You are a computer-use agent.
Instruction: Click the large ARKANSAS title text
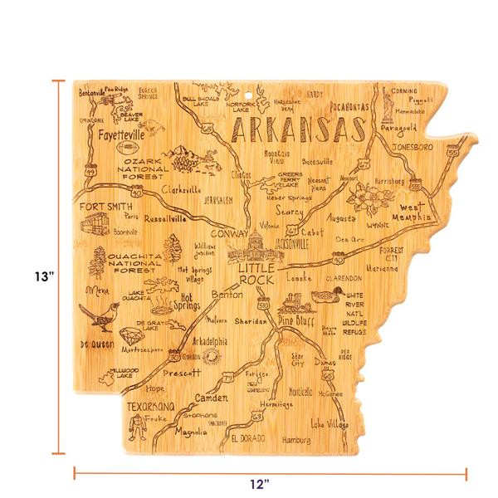296,130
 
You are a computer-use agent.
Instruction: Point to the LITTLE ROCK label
250,276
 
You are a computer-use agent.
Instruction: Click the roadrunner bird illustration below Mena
99,314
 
